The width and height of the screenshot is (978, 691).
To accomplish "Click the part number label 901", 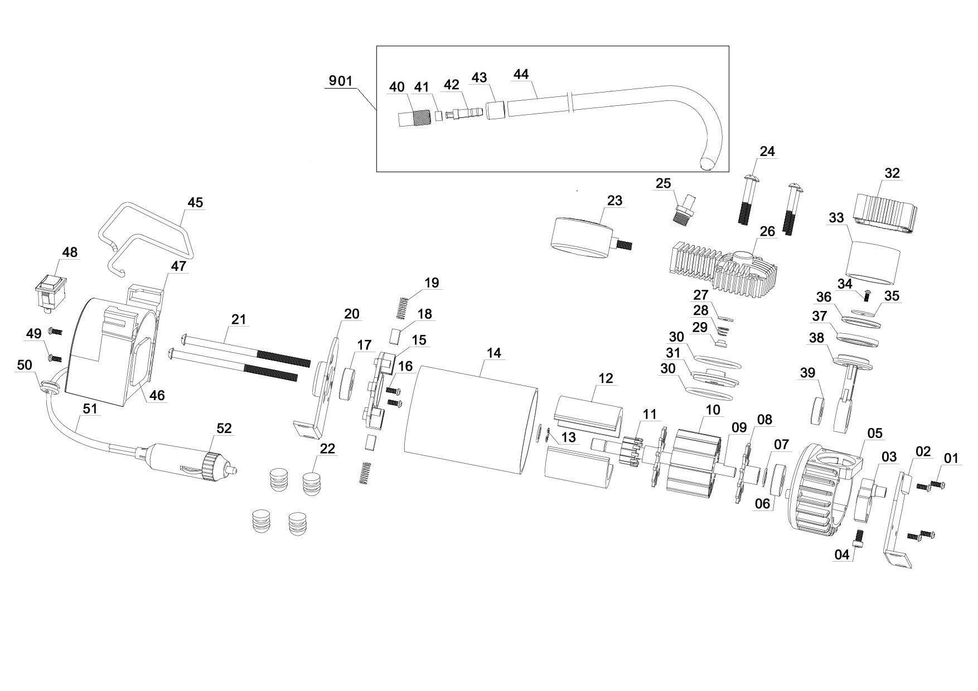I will (340, 81).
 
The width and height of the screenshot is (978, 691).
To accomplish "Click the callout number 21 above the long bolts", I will (239, 319).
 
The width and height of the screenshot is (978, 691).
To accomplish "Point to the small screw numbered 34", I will (867, 294).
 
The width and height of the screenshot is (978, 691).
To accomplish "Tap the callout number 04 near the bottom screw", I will (841, 554).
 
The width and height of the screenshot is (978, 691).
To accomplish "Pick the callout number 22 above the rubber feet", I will (327, 449).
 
